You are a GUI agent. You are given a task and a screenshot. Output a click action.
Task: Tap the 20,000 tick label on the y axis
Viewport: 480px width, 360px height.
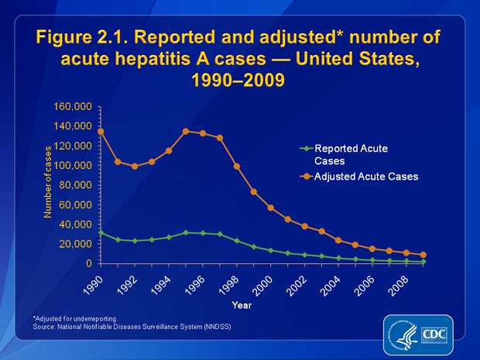click(77, 245)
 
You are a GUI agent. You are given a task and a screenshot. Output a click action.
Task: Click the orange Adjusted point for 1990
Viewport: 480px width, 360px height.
click(101, 132)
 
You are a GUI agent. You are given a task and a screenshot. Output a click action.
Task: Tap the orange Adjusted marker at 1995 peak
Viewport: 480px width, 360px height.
click(186, 132)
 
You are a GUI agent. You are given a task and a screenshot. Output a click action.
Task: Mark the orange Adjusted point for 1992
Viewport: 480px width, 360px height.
click(135, 166)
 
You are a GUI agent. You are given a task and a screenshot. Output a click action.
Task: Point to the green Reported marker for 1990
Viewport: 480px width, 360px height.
click(101, 232)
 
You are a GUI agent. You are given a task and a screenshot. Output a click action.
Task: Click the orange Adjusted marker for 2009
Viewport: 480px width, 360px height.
click(423, 255)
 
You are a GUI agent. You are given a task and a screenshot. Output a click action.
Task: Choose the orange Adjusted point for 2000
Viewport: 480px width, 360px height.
click(270, 207)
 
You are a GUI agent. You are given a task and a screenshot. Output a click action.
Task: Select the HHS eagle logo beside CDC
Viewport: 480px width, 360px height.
click(403, 334)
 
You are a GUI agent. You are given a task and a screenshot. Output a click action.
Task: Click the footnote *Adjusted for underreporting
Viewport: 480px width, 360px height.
click(74, 318)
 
